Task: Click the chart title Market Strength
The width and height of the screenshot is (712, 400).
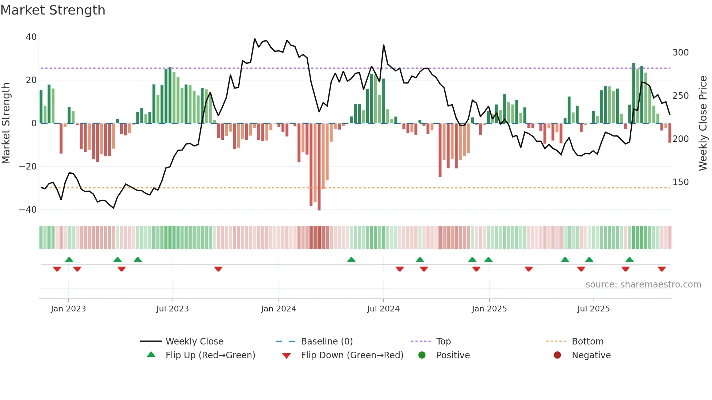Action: (53, 10)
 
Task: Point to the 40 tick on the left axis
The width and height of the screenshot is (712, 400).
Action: (31, 37)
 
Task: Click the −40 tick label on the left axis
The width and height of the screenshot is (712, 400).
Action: (28, 210)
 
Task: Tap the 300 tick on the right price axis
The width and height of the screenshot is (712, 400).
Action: (680, 53)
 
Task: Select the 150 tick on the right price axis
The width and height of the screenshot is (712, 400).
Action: (680, 182)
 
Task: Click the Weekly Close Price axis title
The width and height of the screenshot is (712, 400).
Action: (703, 123)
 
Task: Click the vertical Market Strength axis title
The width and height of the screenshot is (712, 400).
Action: (6, 123)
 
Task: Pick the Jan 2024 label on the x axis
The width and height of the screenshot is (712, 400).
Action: (278, 309)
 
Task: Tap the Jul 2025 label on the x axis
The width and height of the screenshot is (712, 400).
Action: (593, 309)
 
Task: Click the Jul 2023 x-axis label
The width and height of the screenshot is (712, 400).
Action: (173, 309)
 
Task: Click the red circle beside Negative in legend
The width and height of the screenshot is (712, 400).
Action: (557, 355)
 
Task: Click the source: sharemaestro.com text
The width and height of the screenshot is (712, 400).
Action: (643, 285)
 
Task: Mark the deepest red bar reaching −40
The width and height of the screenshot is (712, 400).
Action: (319, 167)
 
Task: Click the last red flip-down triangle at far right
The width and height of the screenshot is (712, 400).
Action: (662, 269)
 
